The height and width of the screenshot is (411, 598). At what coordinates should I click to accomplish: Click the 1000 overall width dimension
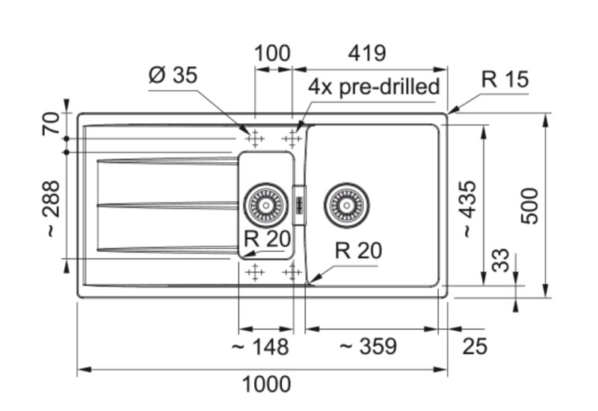[267, 385]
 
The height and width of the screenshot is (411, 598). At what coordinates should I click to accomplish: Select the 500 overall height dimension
[529, 205]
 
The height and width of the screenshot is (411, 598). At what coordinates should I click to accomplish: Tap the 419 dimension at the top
[366, 54]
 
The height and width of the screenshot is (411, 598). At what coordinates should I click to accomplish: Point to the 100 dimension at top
[273, 54]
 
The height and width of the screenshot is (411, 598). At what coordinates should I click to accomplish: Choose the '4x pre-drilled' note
[374, 87]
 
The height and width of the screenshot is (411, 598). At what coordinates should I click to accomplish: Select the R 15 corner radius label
[505, 79]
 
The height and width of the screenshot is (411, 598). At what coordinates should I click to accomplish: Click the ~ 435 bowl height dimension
[467, 209]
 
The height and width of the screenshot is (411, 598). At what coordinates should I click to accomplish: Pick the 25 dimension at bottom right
[475, 346]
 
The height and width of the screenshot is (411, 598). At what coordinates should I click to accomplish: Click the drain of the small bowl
[265, 203]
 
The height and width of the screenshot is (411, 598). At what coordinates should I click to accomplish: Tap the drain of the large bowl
[346, 203]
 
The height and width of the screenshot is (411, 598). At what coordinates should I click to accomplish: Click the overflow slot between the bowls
[299, 203]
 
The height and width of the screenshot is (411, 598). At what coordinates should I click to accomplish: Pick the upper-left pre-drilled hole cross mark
[255, 138]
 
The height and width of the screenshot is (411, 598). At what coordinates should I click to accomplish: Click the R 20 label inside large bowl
[358, 251]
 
